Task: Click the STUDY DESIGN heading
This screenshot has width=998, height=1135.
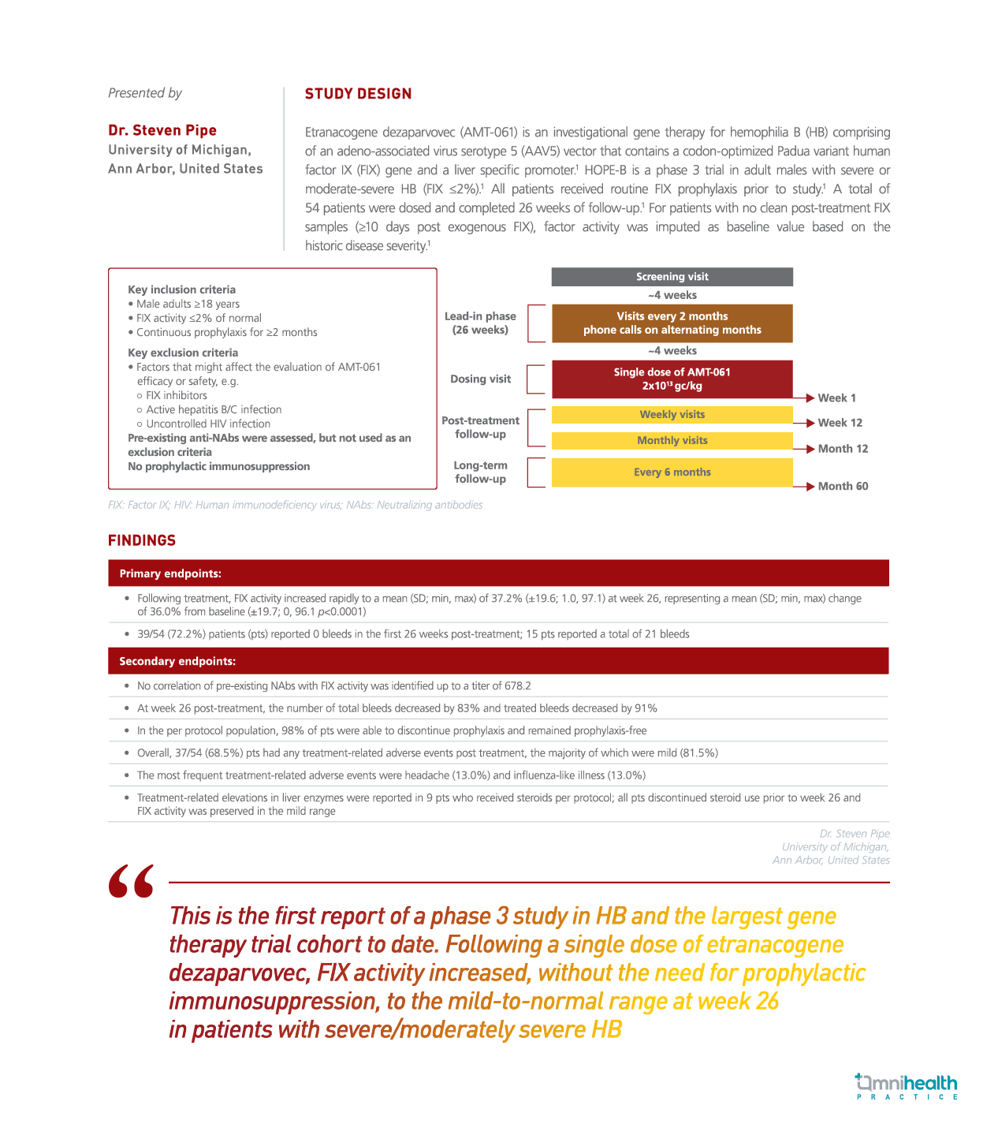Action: [358, 94]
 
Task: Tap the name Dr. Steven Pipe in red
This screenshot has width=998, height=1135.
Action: [162, 130]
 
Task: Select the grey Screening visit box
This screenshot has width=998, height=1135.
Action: [672, 277]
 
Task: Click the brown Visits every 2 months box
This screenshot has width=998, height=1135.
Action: [672, 323]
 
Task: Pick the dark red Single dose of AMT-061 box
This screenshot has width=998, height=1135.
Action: [672, 379]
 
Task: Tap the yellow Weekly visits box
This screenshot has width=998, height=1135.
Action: [672, 415]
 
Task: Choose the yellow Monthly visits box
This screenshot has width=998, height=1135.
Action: [672, 441]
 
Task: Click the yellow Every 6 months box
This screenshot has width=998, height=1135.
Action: [672, 472]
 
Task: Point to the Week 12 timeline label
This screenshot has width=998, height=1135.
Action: [840, 423]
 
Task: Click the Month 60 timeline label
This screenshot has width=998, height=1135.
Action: [843, 487]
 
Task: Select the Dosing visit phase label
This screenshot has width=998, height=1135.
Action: [480, 379]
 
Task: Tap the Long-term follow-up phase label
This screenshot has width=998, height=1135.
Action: [480, 472]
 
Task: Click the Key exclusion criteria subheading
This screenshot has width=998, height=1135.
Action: [183, 353]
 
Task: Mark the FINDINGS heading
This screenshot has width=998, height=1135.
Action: [142, 540]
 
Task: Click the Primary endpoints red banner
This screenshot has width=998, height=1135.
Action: [498, 573]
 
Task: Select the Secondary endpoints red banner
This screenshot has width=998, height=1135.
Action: [498, 661]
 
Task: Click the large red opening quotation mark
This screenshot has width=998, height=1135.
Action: [131, 882]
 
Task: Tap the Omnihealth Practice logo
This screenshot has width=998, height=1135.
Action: [907, 1086]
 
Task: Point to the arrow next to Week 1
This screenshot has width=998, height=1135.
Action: [809, 398]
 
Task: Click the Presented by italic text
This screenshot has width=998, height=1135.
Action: [145, 93]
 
